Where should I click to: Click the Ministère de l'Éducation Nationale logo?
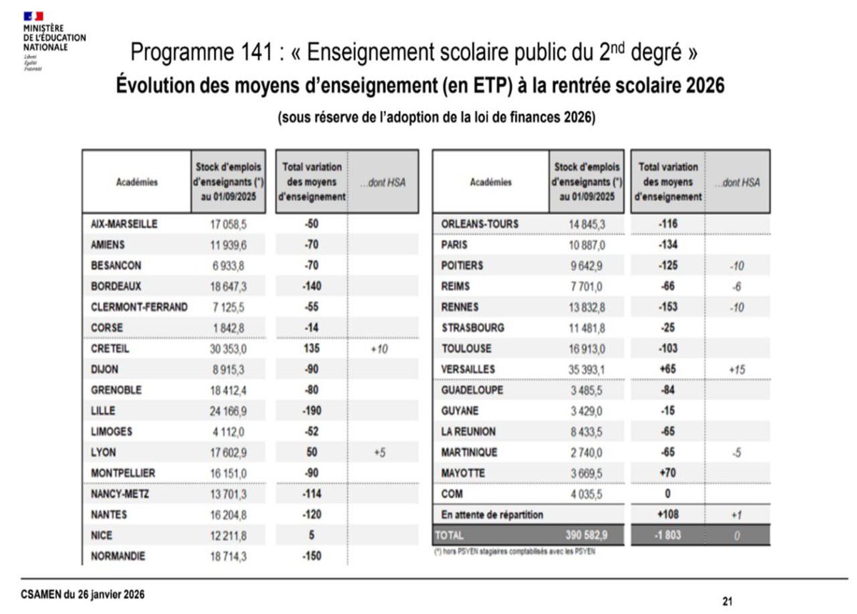[x=54, y=39]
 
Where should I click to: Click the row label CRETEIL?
[x=107, y=349]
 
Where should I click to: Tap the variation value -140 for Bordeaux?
[x=311, y=286]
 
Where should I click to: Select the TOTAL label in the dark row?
[x=449, y=535]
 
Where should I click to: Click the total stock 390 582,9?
[x=586, y=535]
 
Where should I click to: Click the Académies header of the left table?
[x=136, y=182]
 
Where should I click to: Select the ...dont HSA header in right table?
[x=737, y=182]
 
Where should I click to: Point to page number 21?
[x=727, y=600]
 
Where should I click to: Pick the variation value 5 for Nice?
[x=311, y=535]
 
